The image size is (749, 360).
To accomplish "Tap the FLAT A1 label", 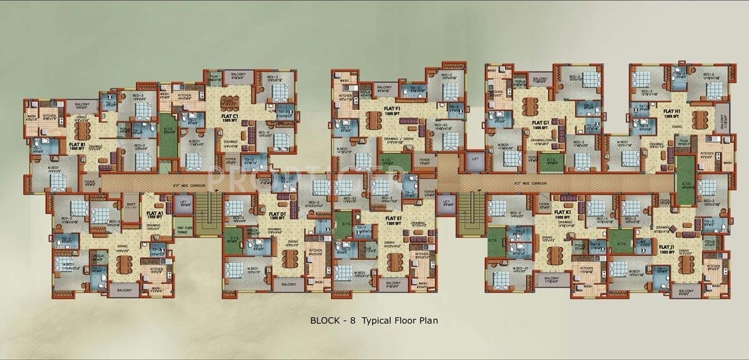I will point(155,214).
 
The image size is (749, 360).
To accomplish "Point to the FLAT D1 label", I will point(277,214).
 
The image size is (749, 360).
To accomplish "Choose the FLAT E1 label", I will point(393,218).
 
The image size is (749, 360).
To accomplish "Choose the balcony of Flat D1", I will point(289,283).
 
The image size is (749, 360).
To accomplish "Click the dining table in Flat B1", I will point(84,128).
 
